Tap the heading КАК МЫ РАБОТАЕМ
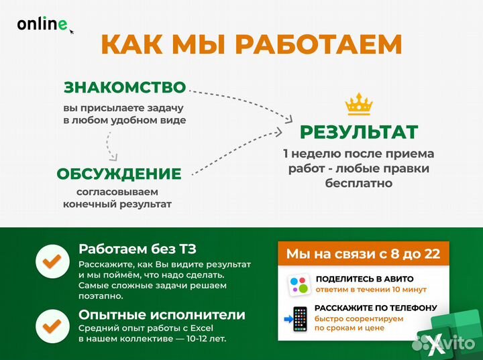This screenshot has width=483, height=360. [252, 44]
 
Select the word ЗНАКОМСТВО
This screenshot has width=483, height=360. [124, 87]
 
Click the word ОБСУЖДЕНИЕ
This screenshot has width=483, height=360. [119, 174]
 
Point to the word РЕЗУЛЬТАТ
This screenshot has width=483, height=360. [358, 132]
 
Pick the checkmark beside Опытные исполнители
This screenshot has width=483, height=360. [52, 325]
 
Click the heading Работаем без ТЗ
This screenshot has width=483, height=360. [138, 250]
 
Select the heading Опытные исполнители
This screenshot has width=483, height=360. [162, 314]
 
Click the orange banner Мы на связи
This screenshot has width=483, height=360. [363, 253]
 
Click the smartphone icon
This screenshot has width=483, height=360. [299, 319]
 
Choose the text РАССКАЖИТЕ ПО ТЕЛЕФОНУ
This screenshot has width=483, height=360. [376, 308]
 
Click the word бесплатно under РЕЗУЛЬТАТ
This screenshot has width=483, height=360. [358, 182]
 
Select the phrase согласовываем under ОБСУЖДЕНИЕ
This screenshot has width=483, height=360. [117, 192]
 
